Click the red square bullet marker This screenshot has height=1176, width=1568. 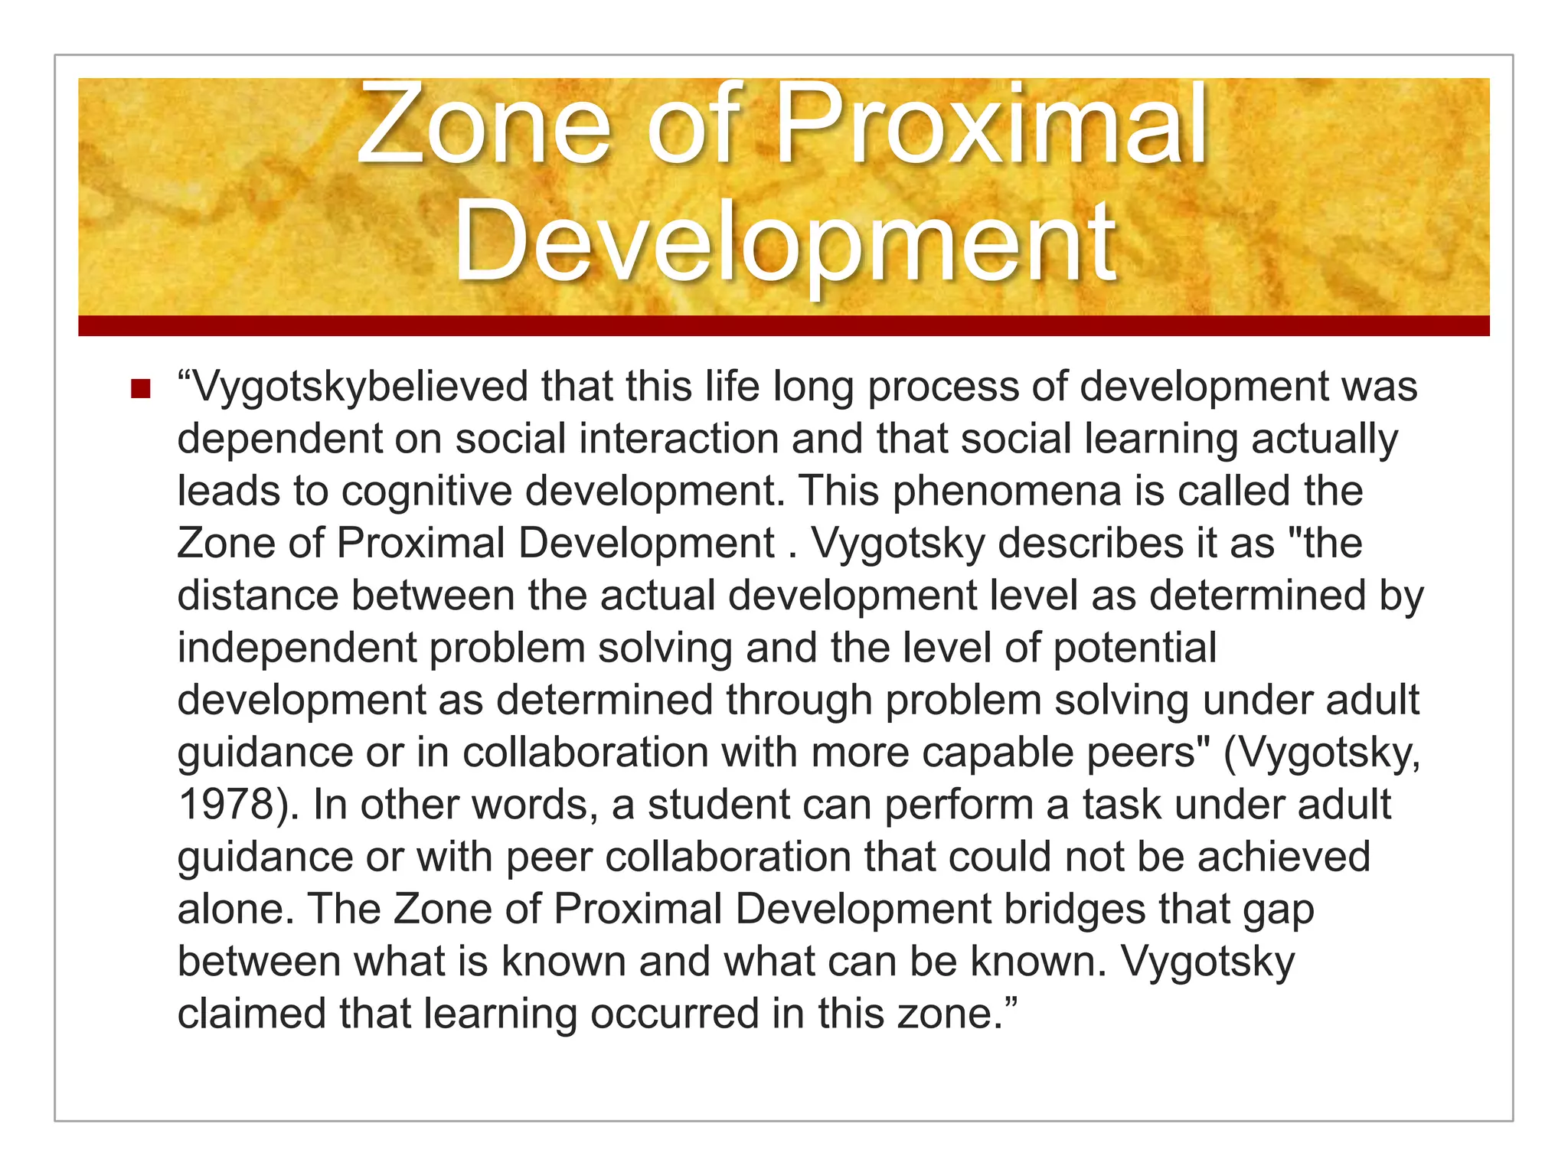coord(140,389)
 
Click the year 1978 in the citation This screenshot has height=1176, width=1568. coord(227,805)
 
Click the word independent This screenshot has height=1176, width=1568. coord(296,648)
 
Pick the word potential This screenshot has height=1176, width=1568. coord(1135,648)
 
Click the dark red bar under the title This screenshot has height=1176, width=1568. coord(784,325)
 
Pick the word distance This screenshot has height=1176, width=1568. coord(257,596)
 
